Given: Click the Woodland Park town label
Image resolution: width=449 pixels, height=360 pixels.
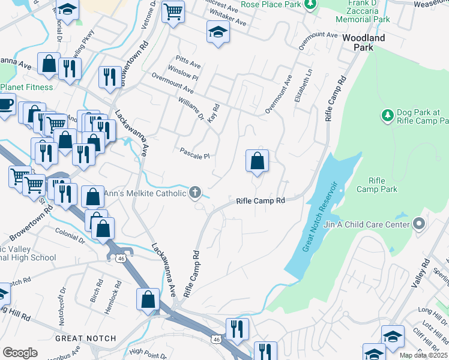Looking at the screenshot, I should click(x=363, y=42).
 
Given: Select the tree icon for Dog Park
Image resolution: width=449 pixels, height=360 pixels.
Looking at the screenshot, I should click(x=387, y=114).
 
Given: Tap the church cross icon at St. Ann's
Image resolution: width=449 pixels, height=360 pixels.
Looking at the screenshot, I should click(x=194, y=193).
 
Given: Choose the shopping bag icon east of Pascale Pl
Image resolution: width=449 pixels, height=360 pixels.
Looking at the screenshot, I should click(x=257, y=161).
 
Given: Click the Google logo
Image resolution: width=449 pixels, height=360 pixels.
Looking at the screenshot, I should click(x=20, y=353).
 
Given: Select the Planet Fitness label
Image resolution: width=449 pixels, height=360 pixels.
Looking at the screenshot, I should click(x=26, y=87).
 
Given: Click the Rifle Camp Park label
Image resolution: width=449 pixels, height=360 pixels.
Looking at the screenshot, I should click(x=376, y=185).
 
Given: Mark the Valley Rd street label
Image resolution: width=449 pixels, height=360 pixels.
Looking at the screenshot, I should click(x=426, y=272).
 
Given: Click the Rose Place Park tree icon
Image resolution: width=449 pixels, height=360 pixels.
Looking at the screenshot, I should click(x=310, y=5).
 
